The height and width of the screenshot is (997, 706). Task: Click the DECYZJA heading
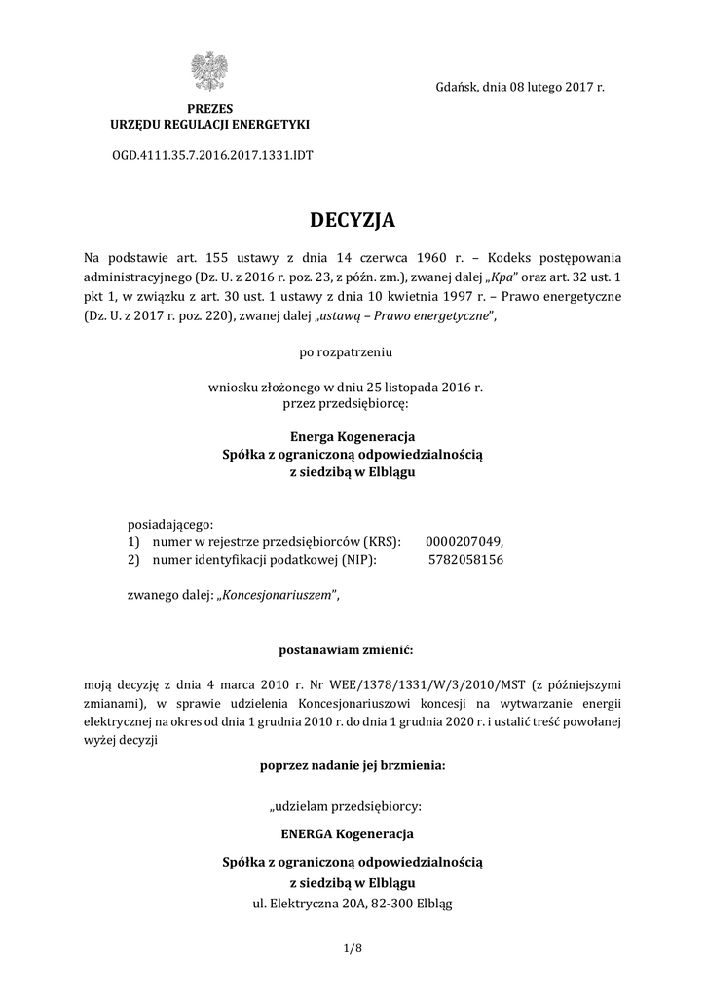(353, 221)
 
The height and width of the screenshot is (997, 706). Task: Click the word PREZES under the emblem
(210, 108)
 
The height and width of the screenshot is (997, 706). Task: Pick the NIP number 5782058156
(465, 560)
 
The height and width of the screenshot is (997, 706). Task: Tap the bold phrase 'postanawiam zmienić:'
(353, 647)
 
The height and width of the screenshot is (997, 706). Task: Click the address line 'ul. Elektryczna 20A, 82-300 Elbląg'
(353, 903)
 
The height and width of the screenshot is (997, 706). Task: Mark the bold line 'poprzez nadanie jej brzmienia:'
(353, 765)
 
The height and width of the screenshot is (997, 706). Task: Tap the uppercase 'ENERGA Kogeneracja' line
(353, 834)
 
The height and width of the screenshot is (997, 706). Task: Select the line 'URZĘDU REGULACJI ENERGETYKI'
(210, 125)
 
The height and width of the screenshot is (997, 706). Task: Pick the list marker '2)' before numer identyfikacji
(135, 560)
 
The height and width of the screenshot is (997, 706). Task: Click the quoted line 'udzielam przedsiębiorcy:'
(353, 806)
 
